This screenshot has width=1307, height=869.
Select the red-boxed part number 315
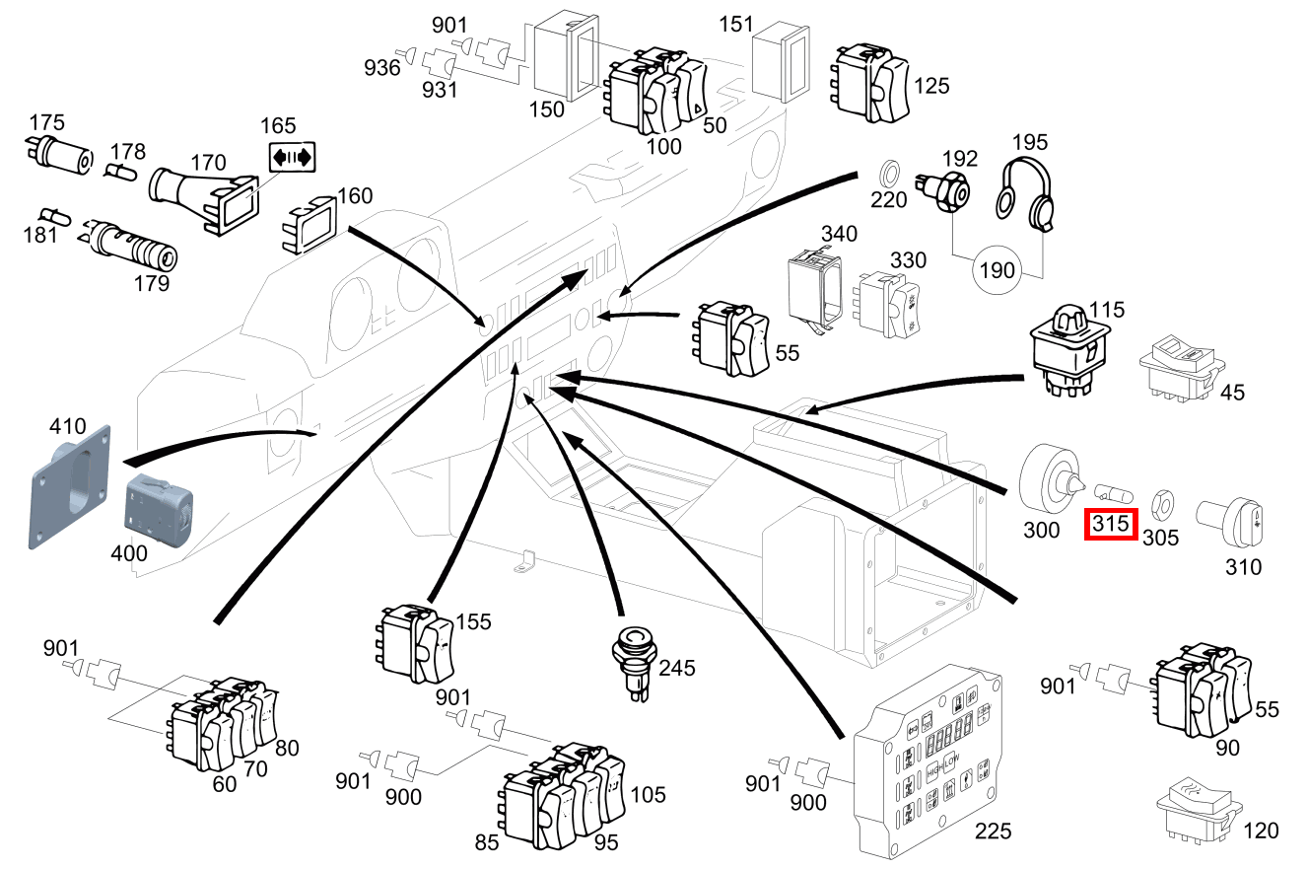click(1111, 525)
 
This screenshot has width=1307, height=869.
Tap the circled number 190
click(997, 269)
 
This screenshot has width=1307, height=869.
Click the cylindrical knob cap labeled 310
click(1230, 523)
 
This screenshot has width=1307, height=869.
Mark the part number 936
click(382, 67)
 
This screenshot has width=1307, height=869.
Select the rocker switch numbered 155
click(414, 644)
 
